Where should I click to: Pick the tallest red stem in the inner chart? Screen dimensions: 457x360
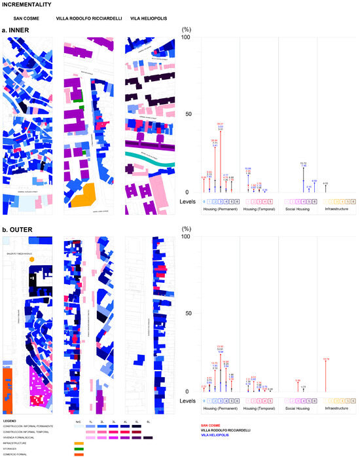click(x=221, y=157)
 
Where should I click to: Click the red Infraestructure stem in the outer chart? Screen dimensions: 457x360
click(x=325, y=375)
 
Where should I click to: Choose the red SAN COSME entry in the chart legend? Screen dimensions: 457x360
click(x=211, y=425)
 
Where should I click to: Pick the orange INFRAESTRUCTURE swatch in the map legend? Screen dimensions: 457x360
click(x=79, y=443)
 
